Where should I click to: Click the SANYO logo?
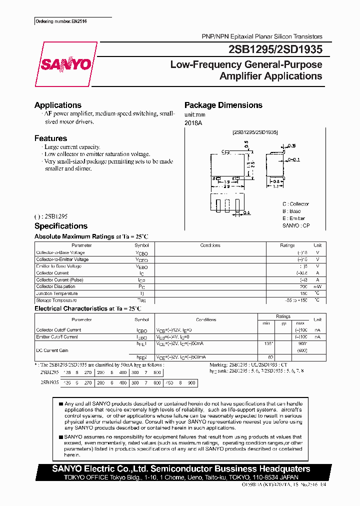click(x=66, y=64)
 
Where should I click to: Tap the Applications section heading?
click(x=57, y=105)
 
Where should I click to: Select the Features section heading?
click(x=50, y=138)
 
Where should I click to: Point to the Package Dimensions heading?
click(x=223, y=105)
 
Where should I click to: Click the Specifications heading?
click(x=60, y=226)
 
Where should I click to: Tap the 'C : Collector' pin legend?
click(x=295, y=204)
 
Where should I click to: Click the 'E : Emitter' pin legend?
click(x=293, y=218)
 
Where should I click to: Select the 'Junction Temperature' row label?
click(x=55, y=293)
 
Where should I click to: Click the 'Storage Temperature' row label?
click(x=56, y=300)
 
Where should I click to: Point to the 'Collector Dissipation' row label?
click(x=55, y=286)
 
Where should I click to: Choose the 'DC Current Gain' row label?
click(x=52, y=350)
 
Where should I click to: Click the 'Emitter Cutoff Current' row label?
click(x=57, y=336)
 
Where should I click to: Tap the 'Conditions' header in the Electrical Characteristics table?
click(x=206, y=319)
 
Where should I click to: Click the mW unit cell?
click(x=317, y=286)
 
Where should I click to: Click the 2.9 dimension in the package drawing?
click(x=226, y=185)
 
